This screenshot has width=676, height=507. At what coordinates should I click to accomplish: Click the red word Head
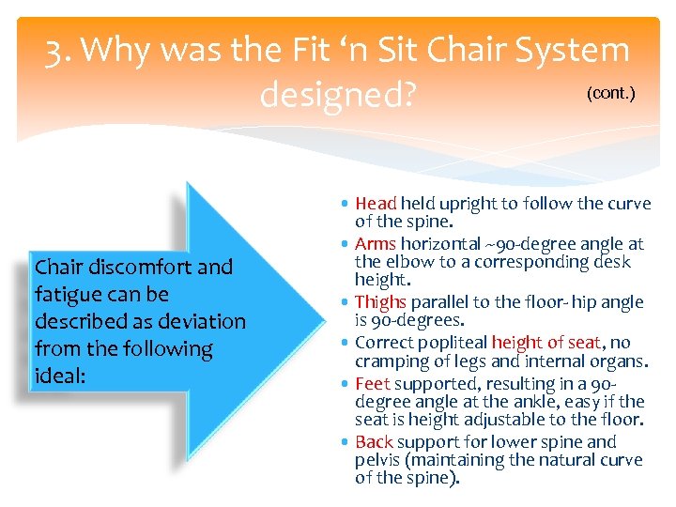(x=376, y=204)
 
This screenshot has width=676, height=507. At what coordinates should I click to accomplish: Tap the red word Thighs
(x=380, y=302)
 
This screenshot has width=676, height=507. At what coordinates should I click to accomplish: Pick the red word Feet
(x=373, y=384)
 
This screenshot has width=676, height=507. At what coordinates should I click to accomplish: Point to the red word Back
(x=374, y=441)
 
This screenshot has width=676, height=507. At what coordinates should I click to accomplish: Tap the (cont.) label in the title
(x=610, y=95)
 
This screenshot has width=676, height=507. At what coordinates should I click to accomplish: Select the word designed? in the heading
(x=337, y=94)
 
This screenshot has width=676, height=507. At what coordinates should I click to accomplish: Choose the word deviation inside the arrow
(x=200, y=321)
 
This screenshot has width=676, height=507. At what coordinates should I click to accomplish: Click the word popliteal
(x=449, y=343)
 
